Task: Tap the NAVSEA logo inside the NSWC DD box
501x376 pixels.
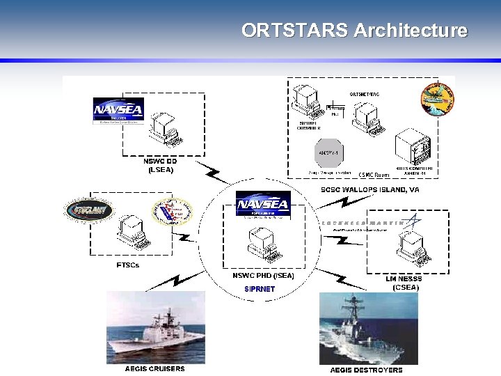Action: click(118, 110)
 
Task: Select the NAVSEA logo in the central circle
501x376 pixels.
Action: click(262, 205)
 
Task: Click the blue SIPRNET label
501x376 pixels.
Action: click(260, 288)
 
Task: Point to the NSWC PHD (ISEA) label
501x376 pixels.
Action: click(263, 276)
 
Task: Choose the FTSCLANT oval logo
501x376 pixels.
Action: click(88, 210)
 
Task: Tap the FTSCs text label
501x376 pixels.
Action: click(128, 265)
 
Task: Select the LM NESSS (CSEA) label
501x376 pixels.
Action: click(404, 283)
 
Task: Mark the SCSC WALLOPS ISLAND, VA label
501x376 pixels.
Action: click(369, 189)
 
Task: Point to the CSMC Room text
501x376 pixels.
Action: click(374, 174)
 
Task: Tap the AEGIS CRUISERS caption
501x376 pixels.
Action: click(155, 368)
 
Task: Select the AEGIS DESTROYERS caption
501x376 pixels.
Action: click(366, 370)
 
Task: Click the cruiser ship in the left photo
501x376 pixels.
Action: click(157, 339)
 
